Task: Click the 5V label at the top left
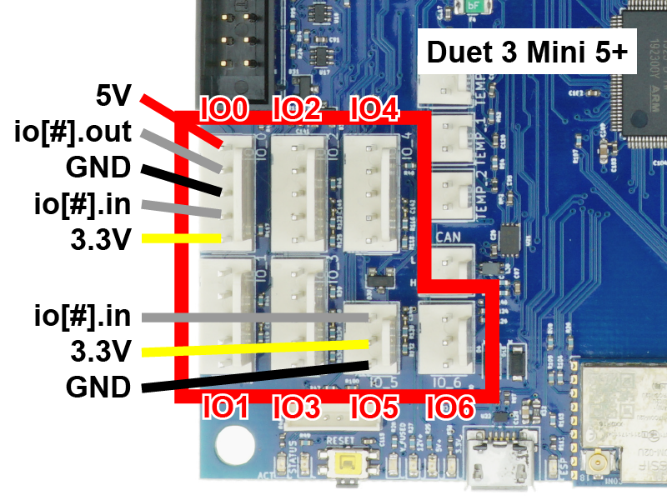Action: (x=113, y=97)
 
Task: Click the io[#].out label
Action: (x=73, y=132)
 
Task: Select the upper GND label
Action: (x=98, y=168)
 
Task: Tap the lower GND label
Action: (x=98, y=387)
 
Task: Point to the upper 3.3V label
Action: (x=101, y=240)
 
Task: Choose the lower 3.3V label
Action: (x=101, y=352)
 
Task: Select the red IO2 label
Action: (x=298, y=109)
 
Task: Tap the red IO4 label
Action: (x=374, y=109)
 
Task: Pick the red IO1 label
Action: (x=225, y=407)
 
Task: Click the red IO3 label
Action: (x=298, y=407)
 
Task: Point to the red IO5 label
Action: (x=374, y=407)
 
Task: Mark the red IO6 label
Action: (x=450, y=407)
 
